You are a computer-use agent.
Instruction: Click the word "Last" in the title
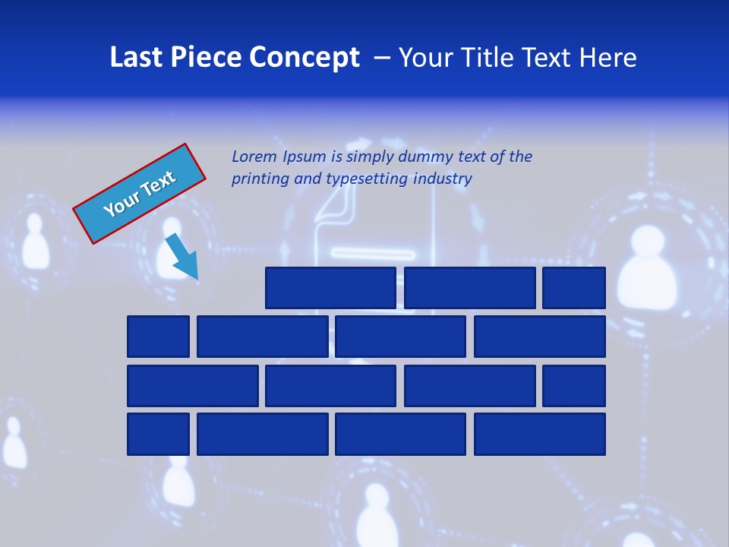(137, 58)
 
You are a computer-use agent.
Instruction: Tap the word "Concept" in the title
(305, 58)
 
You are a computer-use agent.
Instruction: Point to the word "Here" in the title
(607, 58)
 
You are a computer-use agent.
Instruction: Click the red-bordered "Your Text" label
(140, 194)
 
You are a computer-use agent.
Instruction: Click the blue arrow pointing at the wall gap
(182, 257)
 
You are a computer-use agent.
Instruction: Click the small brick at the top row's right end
(573, 288)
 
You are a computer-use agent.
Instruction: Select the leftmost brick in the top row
(330, 288)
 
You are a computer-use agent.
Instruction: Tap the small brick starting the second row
(158, 337)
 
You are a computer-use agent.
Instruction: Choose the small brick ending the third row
(573, 386)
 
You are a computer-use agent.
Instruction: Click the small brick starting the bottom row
(158, 435)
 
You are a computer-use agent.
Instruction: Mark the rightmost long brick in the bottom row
(539, 435)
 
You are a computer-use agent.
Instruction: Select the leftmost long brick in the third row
(192, 386)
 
